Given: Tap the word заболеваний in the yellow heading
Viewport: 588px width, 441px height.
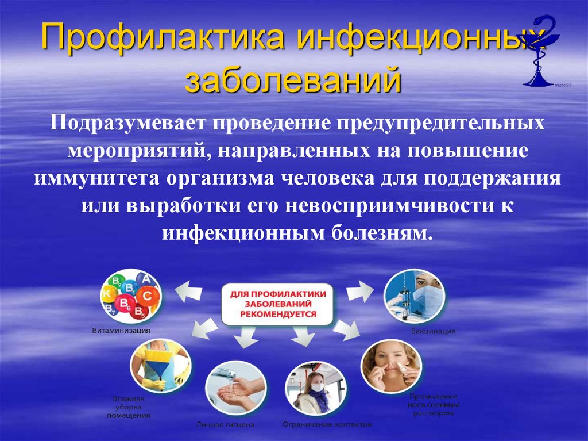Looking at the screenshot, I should (x=293, y=80).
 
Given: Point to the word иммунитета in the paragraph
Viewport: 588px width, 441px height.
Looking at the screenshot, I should (x=95, y=179).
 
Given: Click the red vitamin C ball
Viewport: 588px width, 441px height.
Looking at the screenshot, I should (x=147, y=296).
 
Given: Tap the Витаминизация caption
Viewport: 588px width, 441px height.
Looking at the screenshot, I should (x=122, y=331).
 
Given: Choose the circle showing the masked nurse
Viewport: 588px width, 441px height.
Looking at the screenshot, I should (x=415, y=297).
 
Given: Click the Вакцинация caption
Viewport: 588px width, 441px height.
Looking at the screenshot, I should (x=434, y=331).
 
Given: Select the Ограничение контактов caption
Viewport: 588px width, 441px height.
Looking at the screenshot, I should (x=326, y=424).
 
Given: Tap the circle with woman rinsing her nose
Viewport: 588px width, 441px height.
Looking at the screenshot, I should (x=391, y=365).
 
